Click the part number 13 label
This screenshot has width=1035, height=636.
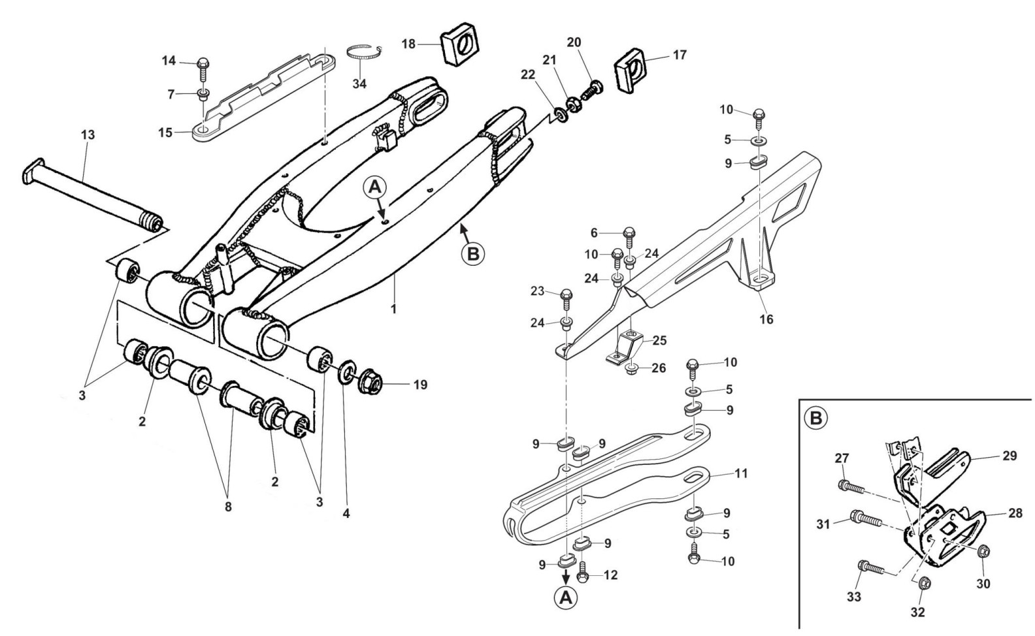click(x=88, y=135)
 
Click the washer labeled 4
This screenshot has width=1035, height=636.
click(x=347, y=374)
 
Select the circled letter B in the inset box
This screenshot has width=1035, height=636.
click(x=816, y=417)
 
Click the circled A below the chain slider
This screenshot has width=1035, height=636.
click(x=567, y=597)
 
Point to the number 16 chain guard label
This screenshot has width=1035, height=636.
click(x=766, y=319)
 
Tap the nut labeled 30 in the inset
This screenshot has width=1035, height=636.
click(x=985, y=554)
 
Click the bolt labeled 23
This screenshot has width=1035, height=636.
click(x=567, y=297)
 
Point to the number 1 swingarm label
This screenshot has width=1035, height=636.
click(x=393, y=309)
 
